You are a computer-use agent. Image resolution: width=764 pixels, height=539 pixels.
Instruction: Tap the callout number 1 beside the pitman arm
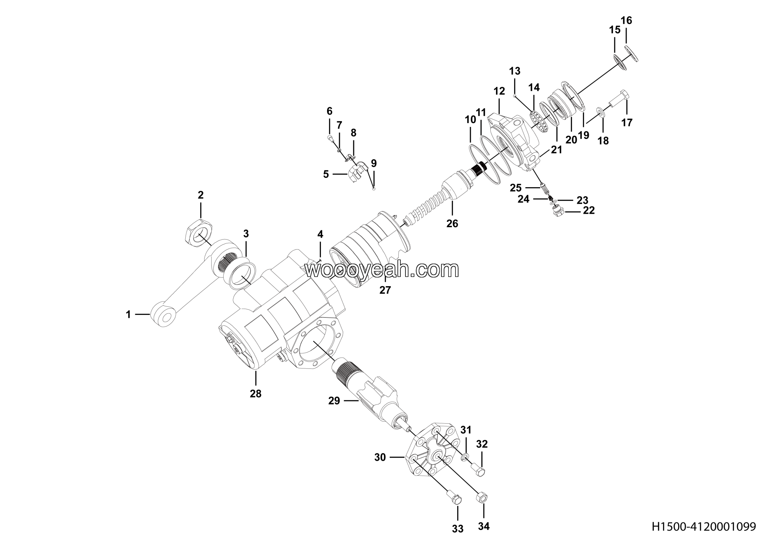128,314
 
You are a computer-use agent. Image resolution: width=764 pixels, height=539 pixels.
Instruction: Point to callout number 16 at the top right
626,21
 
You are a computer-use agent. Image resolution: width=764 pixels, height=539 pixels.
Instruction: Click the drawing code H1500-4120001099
707,527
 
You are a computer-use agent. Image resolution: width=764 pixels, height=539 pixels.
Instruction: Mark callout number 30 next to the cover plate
380,458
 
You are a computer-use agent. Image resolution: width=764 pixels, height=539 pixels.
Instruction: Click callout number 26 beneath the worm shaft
452,223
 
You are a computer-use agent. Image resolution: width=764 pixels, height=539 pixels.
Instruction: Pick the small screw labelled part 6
329,137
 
